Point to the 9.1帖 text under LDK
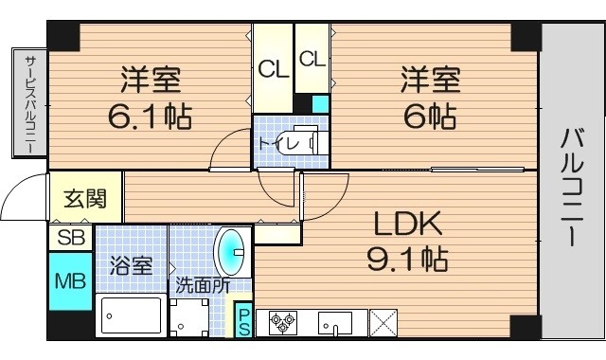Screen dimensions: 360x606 click(408, 256)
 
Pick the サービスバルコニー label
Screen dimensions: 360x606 click(29, 104)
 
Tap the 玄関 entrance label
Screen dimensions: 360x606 click(84, 200)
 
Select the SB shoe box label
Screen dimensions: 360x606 click(70, 237)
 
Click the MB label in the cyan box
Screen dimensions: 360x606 click(70, 281)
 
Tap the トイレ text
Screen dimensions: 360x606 click(274, 143)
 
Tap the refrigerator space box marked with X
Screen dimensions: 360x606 click(383, 322)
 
